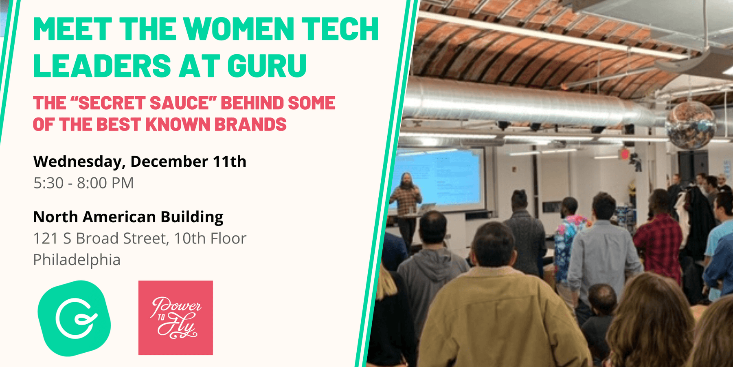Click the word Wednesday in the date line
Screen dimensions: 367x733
tap(77, 162)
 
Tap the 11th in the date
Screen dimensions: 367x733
tap(230, 161)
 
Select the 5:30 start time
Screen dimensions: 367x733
tap(48, 183)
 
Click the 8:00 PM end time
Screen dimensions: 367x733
tap(105, 183)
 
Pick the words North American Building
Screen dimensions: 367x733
tap(128, 217)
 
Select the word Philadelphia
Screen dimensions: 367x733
tap(77, 260)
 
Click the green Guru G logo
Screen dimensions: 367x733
tap(74, 318)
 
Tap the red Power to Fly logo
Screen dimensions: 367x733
tap(176, 318)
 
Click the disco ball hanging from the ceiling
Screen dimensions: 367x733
tap(691, 124)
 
